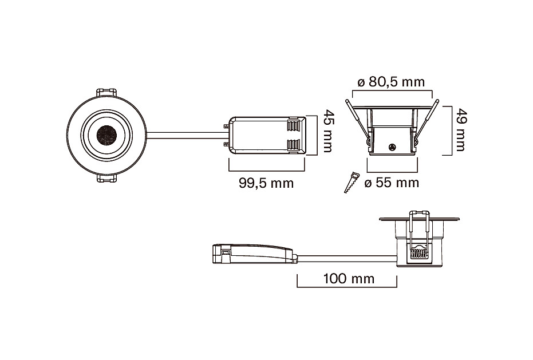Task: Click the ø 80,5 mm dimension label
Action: click(x=391, y=82)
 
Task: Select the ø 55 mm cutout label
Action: click(x=392, y=183)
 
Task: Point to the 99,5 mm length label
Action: click(x=266, y=183)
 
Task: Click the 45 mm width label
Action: click(x=327, y=130)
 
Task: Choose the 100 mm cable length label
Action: click(x=349, y=279)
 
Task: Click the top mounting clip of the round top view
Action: click(x=107, y=93)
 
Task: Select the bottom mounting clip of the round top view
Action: click(x=107, y=179)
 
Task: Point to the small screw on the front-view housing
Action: click(x=393, y=147)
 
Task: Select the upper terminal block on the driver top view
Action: click(x=294, y=126)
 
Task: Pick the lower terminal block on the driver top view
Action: click(x=294, y=146)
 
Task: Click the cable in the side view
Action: click(x=348, y=258)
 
